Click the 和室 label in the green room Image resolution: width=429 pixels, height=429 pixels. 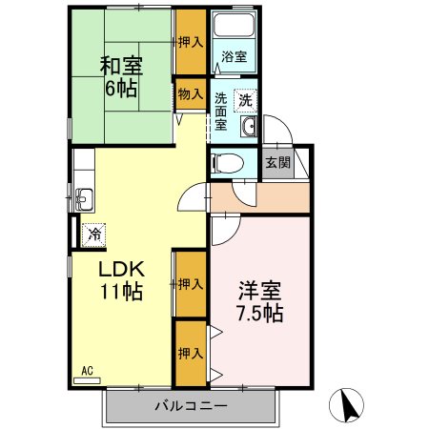point(121,67)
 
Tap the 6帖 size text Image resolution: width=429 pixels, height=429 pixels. point(121,92)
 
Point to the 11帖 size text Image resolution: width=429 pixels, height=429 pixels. point(122,292)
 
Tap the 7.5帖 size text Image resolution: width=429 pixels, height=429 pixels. point(259,312)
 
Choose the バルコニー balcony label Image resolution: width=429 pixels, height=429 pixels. point(190,407)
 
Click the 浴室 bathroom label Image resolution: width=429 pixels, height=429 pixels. point(234,56)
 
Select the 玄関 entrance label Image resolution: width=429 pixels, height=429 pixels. point(276,162)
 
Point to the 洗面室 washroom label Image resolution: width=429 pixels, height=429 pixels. point(220,110)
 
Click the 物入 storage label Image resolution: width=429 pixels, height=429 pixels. point(190,92)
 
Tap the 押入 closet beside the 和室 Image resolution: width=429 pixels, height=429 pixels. point(190,42)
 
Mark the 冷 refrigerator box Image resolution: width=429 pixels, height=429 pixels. point(93,232)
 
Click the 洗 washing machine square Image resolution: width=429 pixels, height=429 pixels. point(245,99)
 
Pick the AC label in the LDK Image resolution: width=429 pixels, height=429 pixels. point(87,371)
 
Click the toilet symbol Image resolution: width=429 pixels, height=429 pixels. point(221,163)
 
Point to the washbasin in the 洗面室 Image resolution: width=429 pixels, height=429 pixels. point(249,130)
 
